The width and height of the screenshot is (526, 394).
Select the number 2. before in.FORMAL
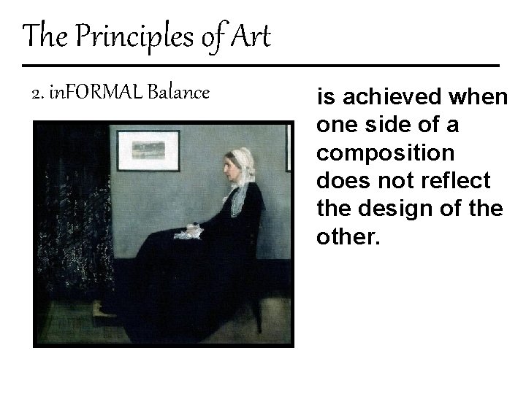pyautogui.click(x=38, y=93)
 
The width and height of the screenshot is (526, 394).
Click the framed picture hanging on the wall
pyautogui.click(x=148, y=150)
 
